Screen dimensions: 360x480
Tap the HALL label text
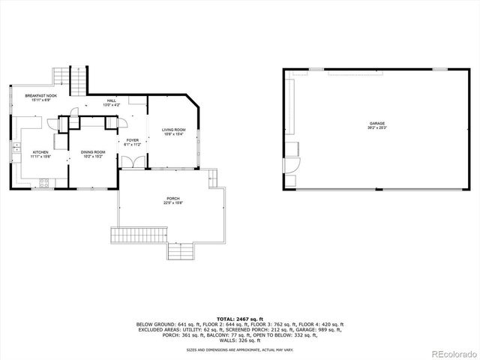(112, 100)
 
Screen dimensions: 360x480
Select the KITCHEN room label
(40, 151)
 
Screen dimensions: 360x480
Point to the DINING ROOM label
(93, 151)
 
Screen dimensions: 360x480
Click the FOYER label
(132, 139)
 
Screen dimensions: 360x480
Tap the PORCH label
(172, 198)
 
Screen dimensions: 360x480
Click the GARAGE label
(376, 123)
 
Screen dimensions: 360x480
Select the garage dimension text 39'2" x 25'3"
(376, 127)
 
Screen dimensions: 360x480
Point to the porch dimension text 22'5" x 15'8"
(172, 202)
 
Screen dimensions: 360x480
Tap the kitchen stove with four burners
(44, 181)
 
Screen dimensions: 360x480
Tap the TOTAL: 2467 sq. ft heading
(239, 319)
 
